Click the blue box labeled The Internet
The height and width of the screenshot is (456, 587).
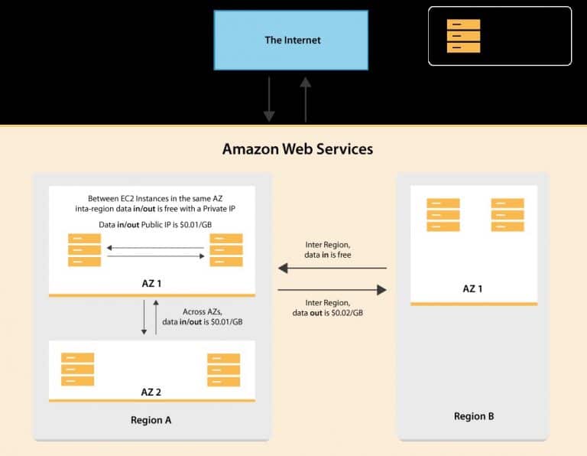pyautogui.click(x=293, y=40)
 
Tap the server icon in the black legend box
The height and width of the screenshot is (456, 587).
pyautogui.click(x=463, y=36)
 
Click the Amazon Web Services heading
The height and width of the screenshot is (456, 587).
pyautogui.click(x=297, y=148)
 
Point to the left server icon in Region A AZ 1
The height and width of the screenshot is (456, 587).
pyautogui.click(x=84, y=250)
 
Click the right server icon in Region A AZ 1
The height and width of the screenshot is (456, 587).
pyautogui.click(x=226, y=250)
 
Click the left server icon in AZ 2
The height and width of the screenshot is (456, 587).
pyautogui.click(x=77, y=370)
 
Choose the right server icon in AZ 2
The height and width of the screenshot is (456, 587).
pyautogui.click(x=223, y=370)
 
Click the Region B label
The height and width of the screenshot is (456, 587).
pyautogui.click(x=474, y=416)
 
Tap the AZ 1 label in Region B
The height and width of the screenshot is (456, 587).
pyautogui.click(x=473, y=288)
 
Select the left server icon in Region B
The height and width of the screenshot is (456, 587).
pyautogui.click(x=443, y=215)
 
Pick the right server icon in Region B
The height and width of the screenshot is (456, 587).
pyautogui.click(x=508, y=215)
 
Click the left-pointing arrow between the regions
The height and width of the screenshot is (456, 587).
pyautogui.click(x=332, y=269)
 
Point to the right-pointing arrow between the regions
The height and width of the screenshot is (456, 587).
pyautogui.click(x=332, y=290)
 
